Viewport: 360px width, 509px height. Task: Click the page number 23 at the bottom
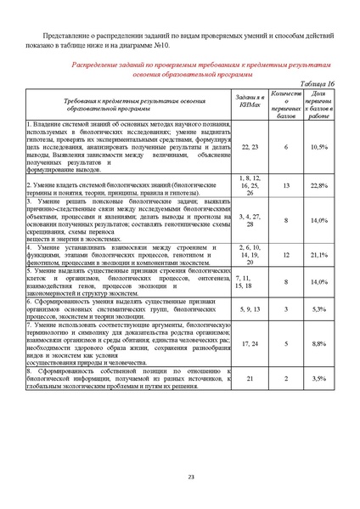coord(179,478)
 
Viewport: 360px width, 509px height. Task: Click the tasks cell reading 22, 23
coord(250,147)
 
